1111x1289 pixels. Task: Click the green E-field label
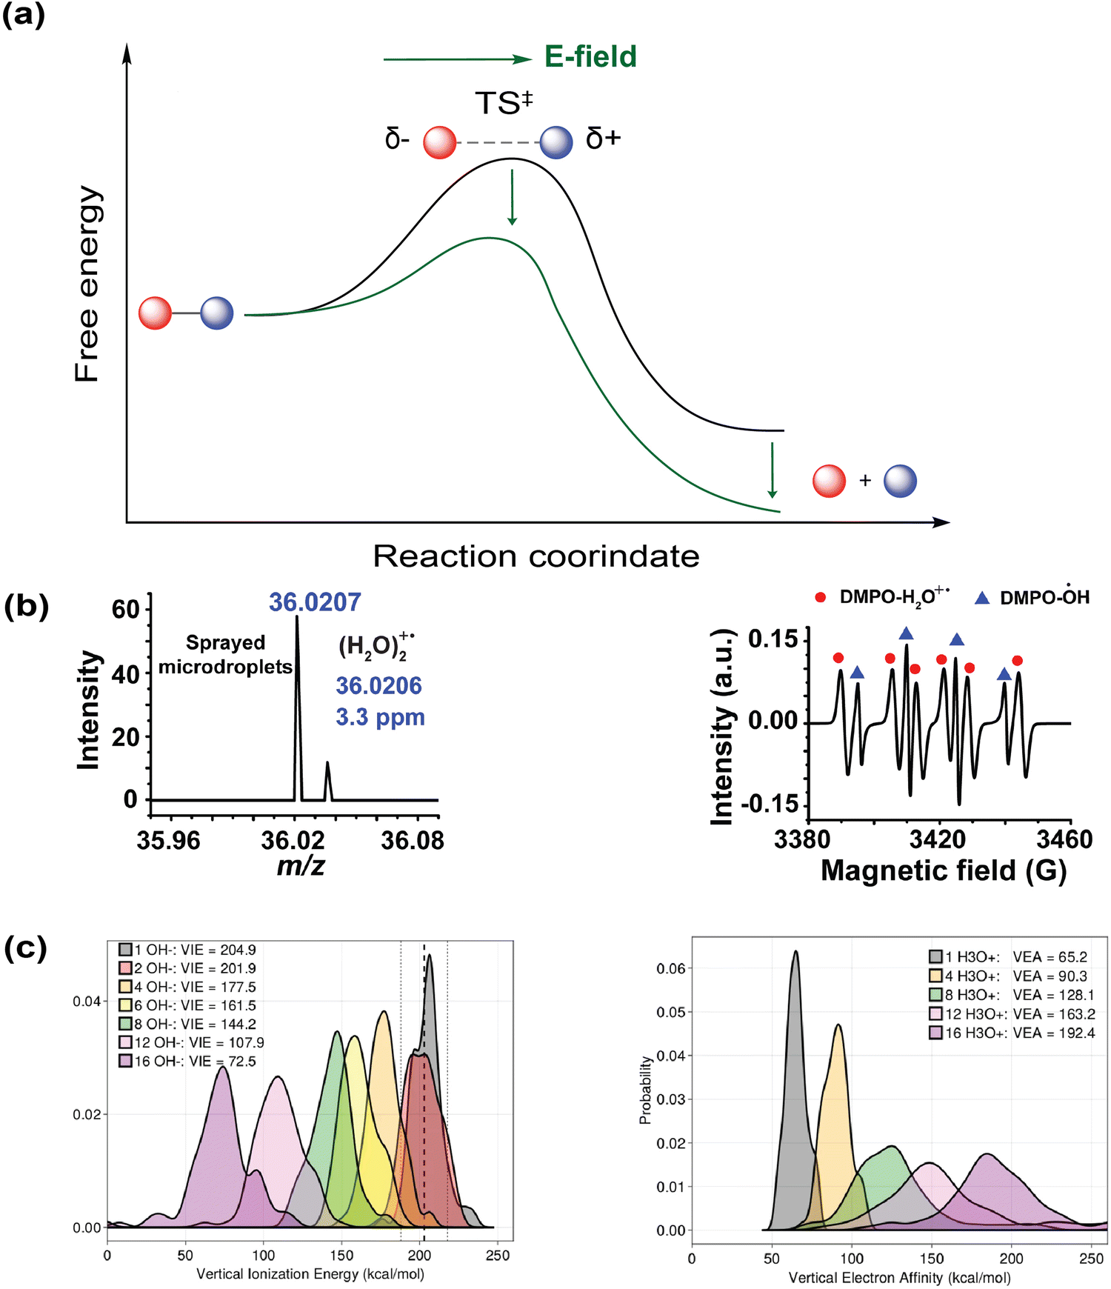click(x=590, y=57)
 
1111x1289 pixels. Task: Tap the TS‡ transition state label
click(x=504, y=103)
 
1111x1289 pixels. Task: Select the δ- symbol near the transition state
click(x=397, y=139)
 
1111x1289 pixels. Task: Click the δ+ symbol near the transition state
click(x=603, y=139)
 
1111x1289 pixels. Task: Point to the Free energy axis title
click(x=87, y=284)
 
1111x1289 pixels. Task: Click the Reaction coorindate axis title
click(x=536, y=556)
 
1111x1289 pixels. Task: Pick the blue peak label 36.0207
click(x=315, y=602)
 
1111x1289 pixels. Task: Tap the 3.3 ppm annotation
click(x=380, y=717)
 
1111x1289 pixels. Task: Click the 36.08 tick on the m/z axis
click(x=413, y=840)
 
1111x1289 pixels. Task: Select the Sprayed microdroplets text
click(x=225, y=654)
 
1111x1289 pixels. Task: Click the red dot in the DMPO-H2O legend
click(x=821, y=597)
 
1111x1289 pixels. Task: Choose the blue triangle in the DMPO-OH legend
click(x=982, y=597)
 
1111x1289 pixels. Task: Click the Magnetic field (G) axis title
click(x=943, y=871)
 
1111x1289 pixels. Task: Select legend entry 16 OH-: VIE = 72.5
click(x=188, y=1062)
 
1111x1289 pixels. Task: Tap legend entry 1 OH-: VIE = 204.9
click(x=188, y=950)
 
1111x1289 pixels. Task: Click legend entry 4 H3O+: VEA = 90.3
click(x=1009, y=976)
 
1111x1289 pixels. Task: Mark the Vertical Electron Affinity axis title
click(x=899, y=1278)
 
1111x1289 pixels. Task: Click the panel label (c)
click(x=26, y=949)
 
